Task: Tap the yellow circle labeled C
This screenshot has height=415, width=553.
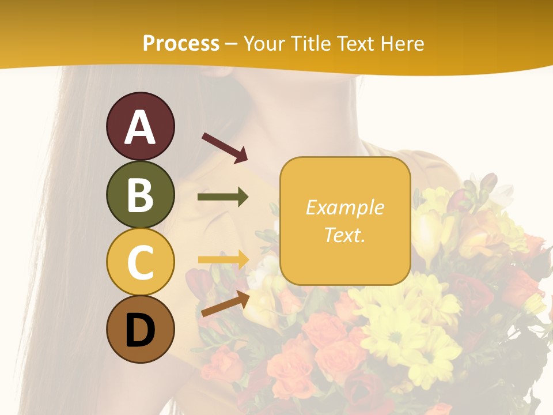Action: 141,262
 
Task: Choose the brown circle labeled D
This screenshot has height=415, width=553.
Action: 141,329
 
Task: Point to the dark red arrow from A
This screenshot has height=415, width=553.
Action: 225,147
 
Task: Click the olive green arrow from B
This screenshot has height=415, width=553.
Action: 223,197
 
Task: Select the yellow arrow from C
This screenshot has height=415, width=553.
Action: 223,259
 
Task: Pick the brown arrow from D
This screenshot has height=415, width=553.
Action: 225,304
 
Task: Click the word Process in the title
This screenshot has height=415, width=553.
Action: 181,44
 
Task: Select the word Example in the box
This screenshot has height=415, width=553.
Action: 344,207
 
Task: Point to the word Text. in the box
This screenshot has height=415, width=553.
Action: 344,235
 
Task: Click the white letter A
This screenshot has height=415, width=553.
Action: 141,127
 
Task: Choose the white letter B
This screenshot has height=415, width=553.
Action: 141,195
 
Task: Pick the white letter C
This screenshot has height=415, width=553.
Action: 141,262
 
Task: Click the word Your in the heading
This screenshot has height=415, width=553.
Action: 265,44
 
